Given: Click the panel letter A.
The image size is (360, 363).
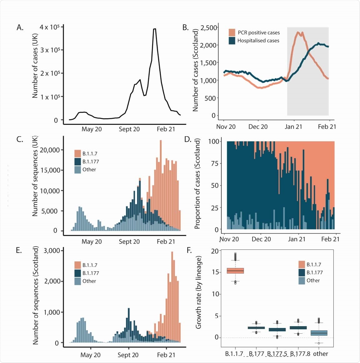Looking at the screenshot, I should click(x=20, y=28).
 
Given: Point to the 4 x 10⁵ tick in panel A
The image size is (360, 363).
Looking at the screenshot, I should click(x=49, y=27).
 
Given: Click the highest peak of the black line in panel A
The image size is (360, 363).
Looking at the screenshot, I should click(x=155, y=29).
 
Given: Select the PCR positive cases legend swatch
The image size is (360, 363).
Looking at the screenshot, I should click(x=232, y=33).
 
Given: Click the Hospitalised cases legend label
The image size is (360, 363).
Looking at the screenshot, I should click(x=258, y=41).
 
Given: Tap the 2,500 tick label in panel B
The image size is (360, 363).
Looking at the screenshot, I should click(x=209, y=28).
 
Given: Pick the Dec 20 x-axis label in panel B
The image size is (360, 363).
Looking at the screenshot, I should click(x=258, y=127).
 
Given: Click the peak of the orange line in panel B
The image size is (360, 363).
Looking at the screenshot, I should click(x=298, y=32).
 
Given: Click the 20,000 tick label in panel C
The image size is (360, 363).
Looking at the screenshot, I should click(x=49, y=150).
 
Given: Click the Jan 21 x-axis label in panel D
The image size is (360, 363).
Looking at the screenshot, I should click(x=296, y=239).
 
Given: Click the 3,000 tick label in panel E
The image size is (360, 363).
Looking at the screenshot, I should click(x=51, y=251).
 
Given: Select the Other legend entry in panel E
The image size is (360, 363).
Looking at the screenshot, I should click(x=89, y=281).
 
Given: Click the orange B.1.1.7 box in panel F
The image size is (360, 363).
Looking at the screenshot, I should click(x=235, y=271).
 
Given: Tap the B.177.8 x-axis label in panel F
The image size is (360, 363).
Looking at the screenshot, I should click(x=300, y=354).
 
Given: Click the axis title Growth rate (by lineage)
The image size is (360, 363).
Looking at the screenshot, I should click(x=198, y=292).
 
